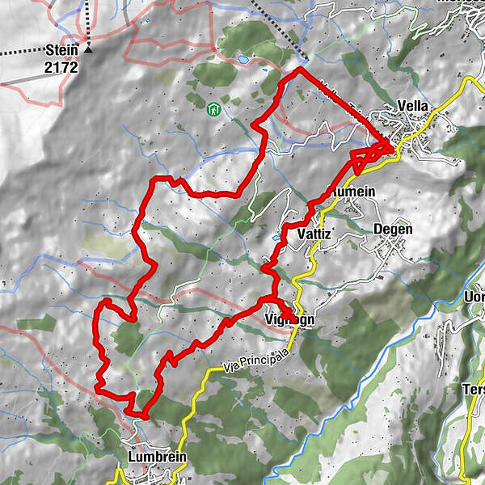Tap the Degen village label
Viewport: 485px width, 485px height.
click(x=393, y=230)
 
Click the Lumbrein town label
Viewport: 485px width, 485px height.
click(x=158, y=457)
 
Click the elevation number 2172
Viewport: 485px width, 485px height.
click(x=61, y=68)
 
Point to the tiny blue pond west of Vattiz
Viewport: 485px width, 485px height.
click(x=276, y=238)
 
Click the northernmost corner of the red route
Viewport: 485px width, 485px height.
click(x=300, y=70)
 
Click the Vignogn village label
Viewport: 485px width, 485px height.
click(x=289, y=319)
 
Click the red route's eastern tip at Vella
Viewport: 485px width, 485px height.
click(x=393, y=145)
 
